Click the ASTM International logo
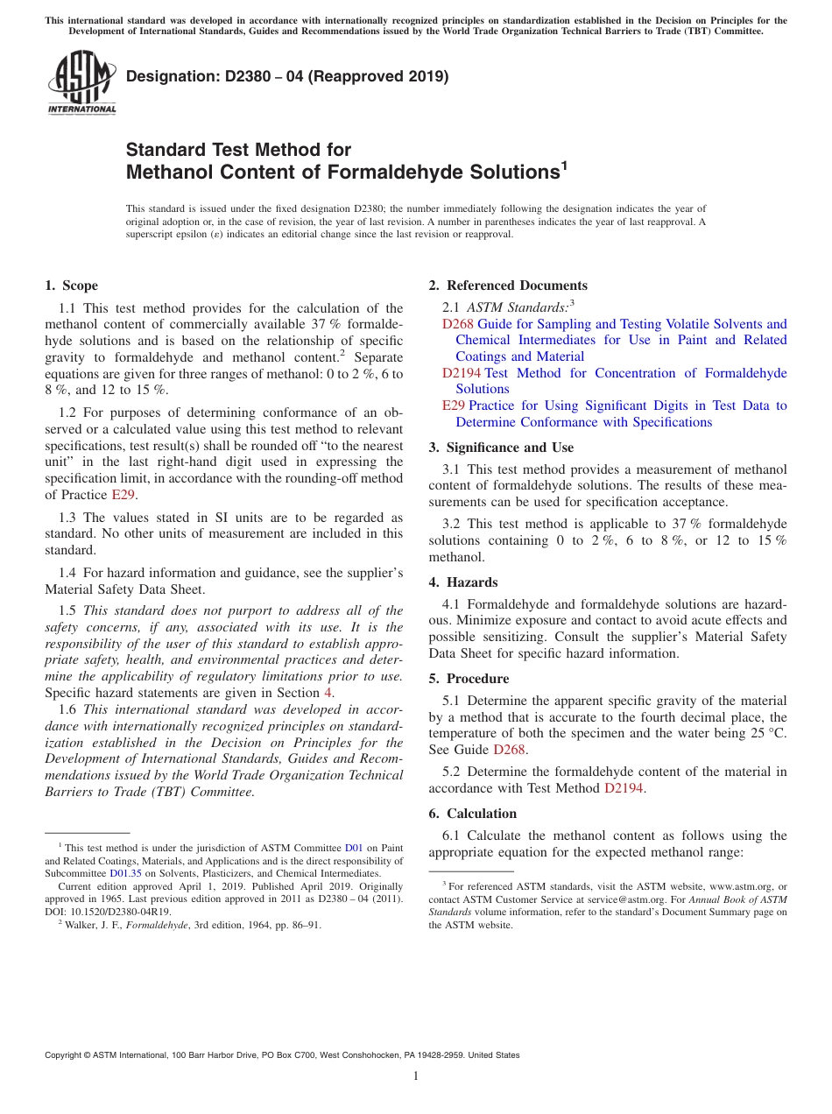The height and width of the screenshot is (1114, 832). click(x=81, y=82)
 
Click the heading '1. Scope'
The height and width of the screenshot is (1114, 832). click(x=71, y=286)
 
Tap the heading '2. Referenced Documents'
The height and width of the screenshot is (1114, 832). click(x=507, y=286)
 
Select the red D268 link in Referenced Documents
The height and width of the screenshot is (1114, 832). click(x=458, y=324)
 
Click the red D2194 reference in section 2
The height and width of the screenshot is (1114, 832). click(x=462, y=373)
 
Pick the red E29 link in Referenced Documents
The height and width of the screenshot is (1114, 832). click(x=453, y=405)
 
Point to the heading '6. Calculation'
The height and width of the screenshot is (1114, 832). click(x=472, y=814)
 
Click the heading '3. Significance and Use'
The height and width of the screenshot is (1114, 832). click(x=501, y=448)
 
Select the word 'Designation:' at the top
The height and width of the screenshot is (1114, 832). click(x=167, y=76)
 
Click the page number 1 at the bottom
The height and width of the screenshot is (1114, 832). click(x=416, y=1076)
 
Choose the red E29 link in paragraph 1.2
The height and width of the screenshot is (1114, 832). click(x=122, y=495)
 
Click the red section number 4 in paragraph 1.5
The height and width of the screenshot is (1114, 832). click(x=328, y=693)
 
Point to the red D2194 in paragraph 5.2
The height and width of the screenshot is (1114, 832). click(x=624, y=788)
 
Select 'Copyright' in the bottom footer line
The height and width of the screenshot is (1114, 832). click(x=64, y=1055)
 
